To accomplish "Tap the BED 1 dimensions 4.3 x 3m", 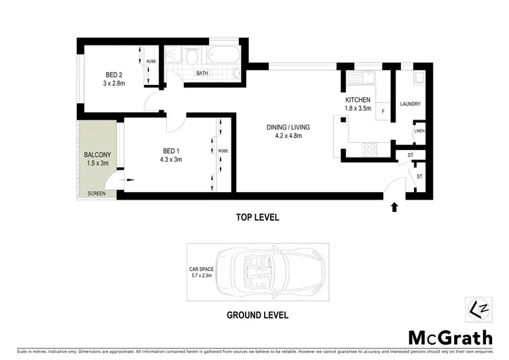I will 172,160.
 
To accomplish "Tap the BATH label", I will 202,73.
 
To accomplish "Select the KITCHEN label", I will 358,100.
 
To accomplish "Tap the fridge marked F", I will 383,111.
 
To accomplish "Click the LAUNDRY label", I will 411,104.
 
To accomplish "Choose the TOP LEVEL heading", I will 257,218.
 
